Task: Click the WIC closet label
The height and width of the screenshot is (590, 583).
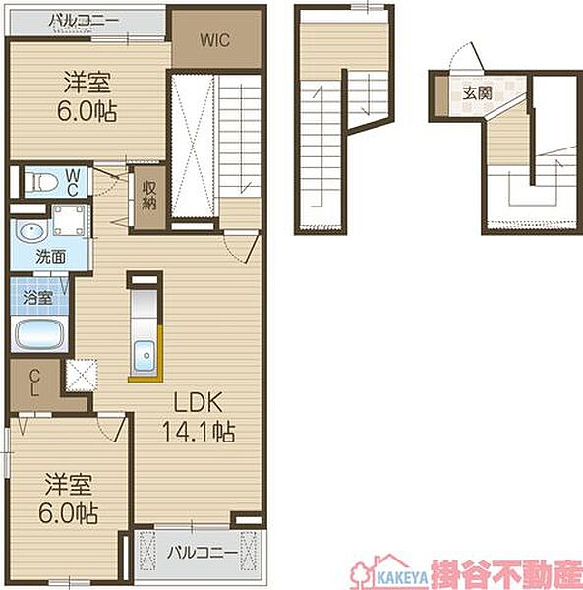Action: pyautogui.click(x=214, y=40)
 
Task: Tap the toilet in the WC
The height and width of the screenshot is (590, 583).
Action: pyautogui.click(x=41, y=183)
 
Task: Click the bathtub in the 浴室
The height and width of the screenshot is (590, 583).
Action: pyautogui.click(x=38, y=334)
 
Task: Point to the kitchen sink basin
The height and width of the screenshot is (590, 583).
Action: pyautogui.click(x=145, y=356)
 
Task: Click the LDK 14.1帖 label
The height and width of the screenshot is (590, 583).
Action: pyautogui.click(x=199, y=417)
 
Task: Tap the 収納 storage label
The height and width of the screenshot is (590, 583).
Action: pyautogui.click(x=149, y=195)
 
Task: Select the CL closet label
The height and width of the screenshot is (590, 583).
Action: pyautogui.click(x=34, y=383)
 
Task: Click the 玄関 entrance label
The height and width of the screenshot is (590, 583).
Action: pyautogui.click(x=477, y=93)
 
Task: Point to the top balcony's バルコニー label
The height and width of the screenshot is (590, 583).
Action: pyautogui.click(x=84, y=20)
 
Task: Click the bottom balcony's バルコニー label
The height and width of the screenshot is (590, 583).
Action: pyautogui.click(x=203, y=553)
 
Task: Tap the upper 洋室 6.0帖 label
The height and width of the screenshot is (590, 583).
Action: pyautogui.click(x=87, y=96)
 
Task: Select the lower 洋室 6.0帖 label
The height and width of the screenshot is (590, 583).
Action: pyautogui.click(x=69, y=499)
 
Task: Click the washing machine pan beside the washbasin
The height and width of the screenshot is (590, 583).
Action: pyautogui.click(x=69, y=219)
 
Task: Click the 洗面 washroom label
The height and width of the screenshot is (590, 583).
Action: pyautogui.click(x=51, y=257)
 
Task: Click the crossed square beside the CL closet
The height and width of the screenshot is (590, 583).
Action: pyautogui.click(x=82, y=376)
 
